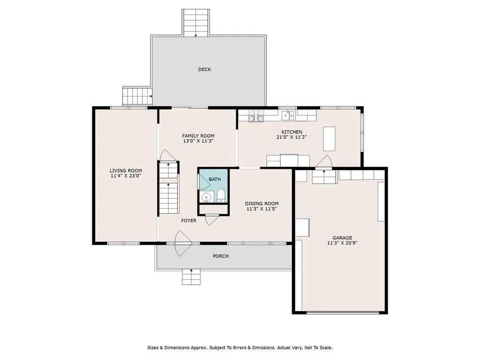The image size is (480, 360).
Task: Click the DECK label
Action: (204, 69)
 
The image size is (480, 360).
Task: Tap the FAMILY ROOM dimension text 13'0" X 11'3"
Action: (198, 141)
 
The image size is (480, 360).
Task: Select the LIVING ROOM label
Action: (126, 171)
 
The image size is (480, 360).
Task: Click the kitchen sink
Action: (288, 115)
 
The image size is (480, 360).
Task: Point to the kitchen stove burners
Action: (256, 116)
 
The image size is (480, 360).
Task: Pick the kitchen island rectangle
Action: (329, 139)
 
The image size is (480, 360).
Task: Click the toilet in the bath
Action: (221, 195)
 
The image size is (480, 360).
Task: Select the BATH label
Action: (215, 180)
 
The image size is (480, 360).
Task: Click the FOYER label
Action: (188, 220)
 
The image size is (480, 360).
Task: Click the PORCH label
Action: (221, 256)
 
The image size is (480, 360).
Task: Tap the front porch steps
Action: (191, 277)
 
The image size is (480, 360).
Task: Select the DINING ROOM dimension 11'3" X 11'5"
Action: (262, 209)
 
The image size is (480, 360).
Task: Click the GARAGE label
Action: (342, 238)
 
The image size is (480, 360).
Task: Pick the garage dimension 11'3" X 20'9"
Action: (342, 243)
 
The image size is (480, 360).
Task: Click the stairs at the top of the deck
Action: (196, 22)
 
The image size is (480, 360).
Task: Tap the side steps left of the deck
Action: (137, 96)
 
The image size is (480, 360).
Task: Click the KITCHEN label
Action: (292, 132)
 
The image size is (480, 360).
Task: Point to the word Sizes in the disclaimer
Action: (153, 347)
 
